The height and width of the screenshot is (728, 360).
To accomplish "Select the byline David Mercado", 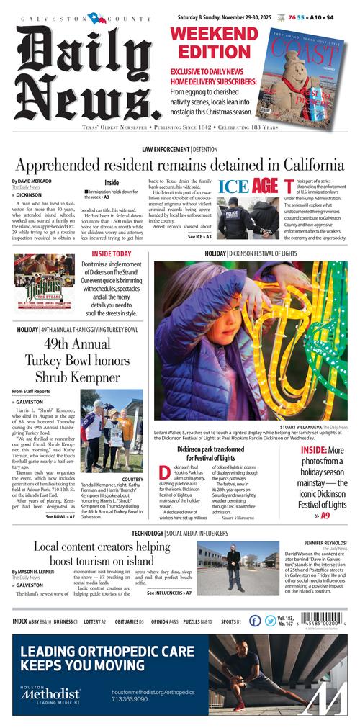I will coord(33,181).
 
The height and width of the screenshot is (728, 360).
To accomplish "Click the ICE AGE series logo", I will coord(248,186).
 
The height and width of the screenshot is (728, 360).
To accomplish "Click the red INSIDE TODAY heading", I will coord(112,254).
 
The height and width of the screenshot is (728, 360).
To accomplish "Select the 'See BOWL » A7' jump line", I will coord(60,517).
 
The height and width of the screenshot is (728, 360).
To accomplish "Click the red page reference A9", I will coord(325,516).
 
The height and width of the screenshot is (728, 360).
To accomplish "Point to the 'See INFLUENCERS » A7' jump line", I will coord(169,593).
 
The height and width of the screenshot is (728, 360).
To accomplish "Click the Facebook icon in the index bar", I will coord(255,620).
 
